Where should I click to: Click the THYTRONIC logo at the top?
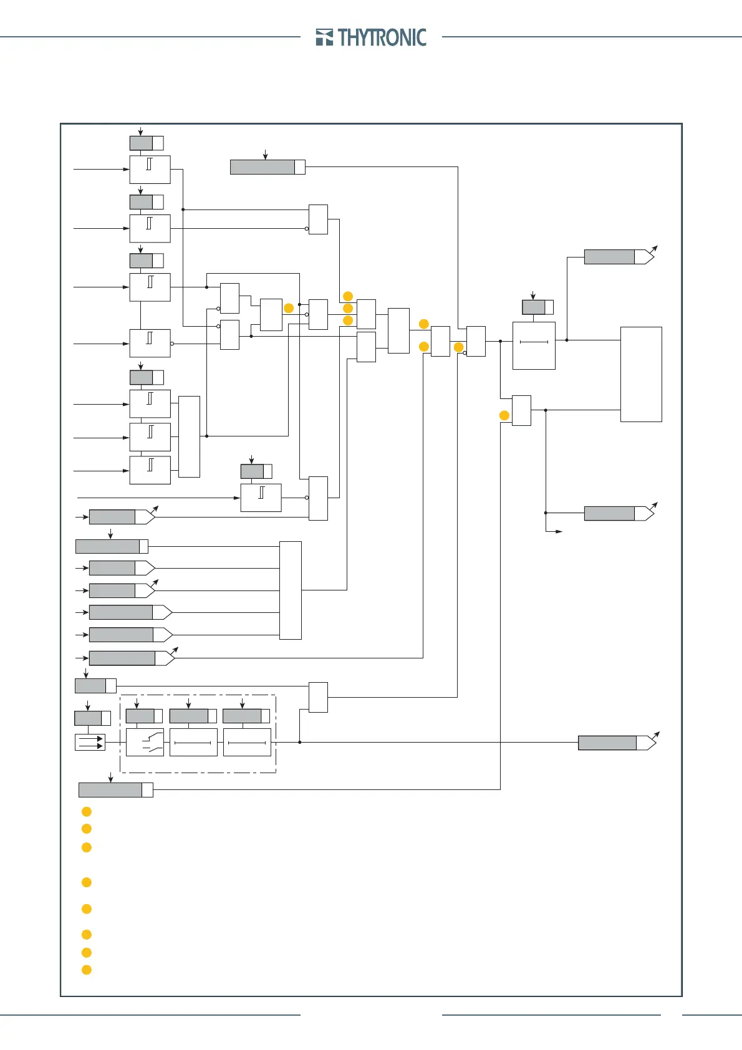point(372,37)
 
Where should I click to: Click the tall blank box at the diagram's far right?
point(641,374)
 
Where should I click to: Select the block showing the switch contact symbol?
point(145,742)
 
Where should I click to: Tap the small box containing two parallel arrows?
point(90,742)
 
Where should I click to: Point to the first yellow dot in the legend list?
point(87,812)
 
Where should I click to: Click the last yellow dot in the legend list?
point(87,970)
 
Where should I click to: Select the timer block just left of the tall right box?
point(534,345)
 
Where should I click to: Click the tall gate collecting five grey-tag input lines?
point(291,590)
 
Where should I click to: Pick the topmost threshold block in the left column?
point(150,170)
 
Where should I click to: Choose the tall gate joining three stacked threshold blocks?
point(189,436)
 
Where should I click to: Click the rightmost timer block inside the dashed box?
point(247,742)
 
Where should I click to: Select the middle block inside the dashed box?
point(193,742)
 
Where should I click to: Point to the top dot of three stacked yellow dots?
point(348,296)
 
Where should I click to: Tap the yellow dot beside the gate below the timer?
point(504,415)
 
